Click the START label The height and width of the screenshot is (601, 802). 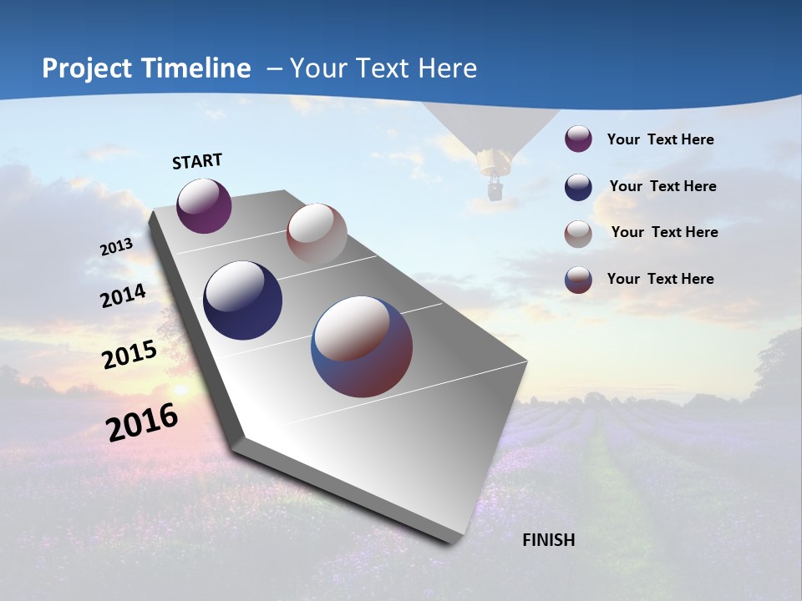[197, 161]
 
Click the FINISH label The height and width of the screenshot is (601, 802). [548, 540]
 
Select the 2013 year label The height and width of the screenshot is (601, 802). [116, 247]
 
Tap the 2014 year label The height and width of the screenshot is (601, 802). [123, 296]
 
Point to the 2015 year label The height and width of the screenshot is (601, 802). [129, 355]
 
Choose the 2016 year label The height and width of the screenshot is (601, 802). [142, 422]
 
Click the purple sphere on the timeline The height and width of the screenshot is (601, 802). [204, 205]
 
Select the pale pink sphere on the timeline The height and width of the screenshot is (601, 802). [317, 234]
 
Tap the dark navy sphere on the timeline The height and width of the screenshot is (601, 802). [243, 300]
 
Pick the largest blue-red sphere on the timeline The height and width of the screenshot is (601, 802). [362, 346]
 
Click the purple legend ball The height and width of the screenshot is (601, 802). [578, 139]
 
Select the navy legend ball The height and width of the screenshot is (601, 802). [578, 187]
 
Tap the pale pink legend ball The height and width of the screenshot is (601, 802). [578, 234]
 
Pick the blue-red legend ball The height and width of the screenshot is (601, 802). [578, 280]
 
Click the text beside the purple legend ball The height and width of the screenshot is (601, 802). [660, 139]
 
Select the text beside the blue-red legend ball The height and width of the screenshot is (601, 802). [660, 279]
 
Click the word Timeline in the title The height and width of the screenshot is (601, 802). [197, 68]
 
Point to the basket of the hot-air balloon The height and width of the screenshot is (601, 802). [495, 192]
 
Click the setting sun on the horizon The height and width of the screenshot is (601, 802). [179, 390]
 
